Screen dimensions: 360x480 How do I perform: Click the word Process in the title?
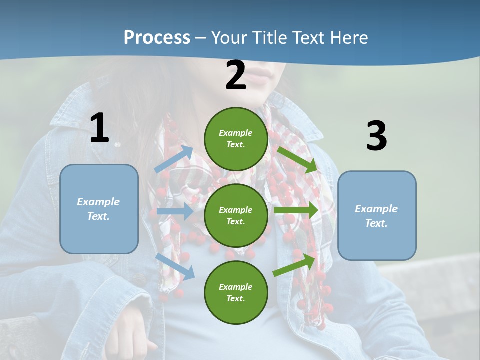[x=157, y=38]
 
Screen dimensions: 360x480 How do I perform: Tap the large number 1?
[x=99, y=128]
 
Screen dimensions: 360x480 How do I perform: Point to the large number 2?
[x=236, y=75]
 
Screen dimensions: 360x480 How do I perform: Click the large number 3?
[x=376, y=136]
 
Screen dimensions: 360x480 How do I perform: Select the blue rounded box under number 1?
[x=99, y=209]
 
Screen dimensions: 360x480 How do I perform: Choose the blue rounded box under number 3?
[x=377, y=215]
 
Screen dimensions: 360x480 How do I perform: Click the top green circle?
[x=236, y=139]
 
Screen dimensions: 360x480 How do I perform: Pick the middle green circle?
[x=236, y=215]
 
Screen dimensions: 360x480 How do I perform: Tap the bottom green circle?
[x=236, y=292]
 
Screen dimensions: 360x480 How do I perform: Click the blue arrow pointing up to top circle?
[x=174, y=159]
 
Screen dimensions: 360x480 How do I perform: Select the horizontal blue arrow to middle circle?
[x=175, y=211]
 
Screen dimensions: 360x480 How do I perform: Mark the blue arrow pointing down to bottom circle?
[x=175, y=266]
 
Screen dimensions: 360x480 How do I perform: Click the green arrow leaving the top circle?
[x=297, y=159]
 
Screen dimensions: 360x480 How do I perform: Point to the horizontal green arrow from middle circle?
[x=296, y=210]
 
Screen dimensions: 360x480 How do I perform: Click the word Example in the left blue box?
[x=98, y=202]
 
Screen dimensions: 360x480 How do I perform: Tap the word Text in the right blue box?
[x=376, y=223]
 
